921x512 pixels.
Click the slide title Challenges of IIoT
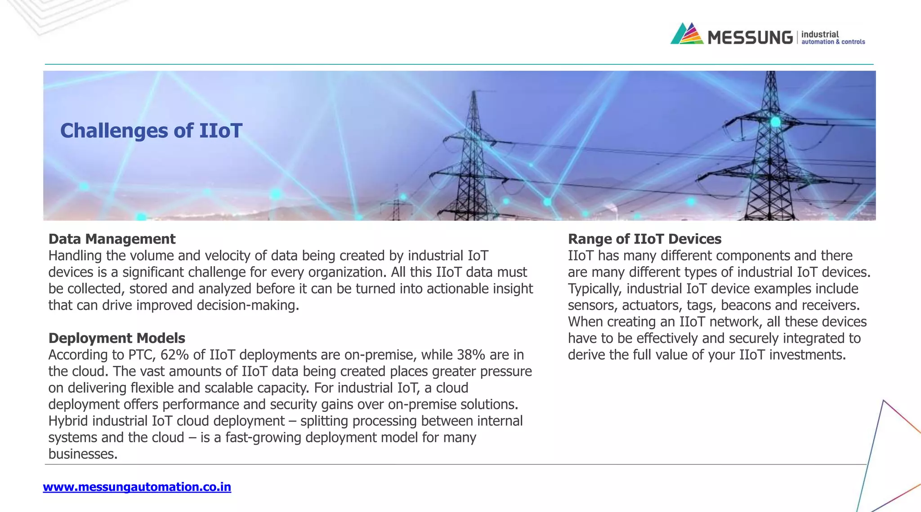tap(151, 131)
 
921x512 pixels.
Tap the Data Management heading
tap(112, 239)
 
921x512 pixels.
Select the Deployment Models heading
tap(116, 338)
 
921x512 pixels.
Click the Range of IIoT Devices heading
tap(644, 239)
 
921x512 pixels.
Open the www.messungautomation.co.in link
tap(137, 487)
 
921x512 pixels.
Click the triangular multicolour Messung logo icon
tap(686, 34)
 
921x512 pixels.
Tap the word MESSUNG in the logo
tap(750, 37)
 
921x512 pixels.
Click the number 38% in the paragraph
tap(471, 355)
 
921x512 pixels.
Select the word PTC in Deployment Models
tap(142, 355)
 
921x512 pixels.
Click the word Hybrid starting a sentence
tap(68, 421)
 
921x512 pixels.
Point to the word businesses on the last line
tap(82, 454)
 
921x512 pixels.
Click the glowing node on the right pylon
tap(775, 121)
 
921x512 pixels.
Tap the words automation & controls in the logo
tap(833, 42)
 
